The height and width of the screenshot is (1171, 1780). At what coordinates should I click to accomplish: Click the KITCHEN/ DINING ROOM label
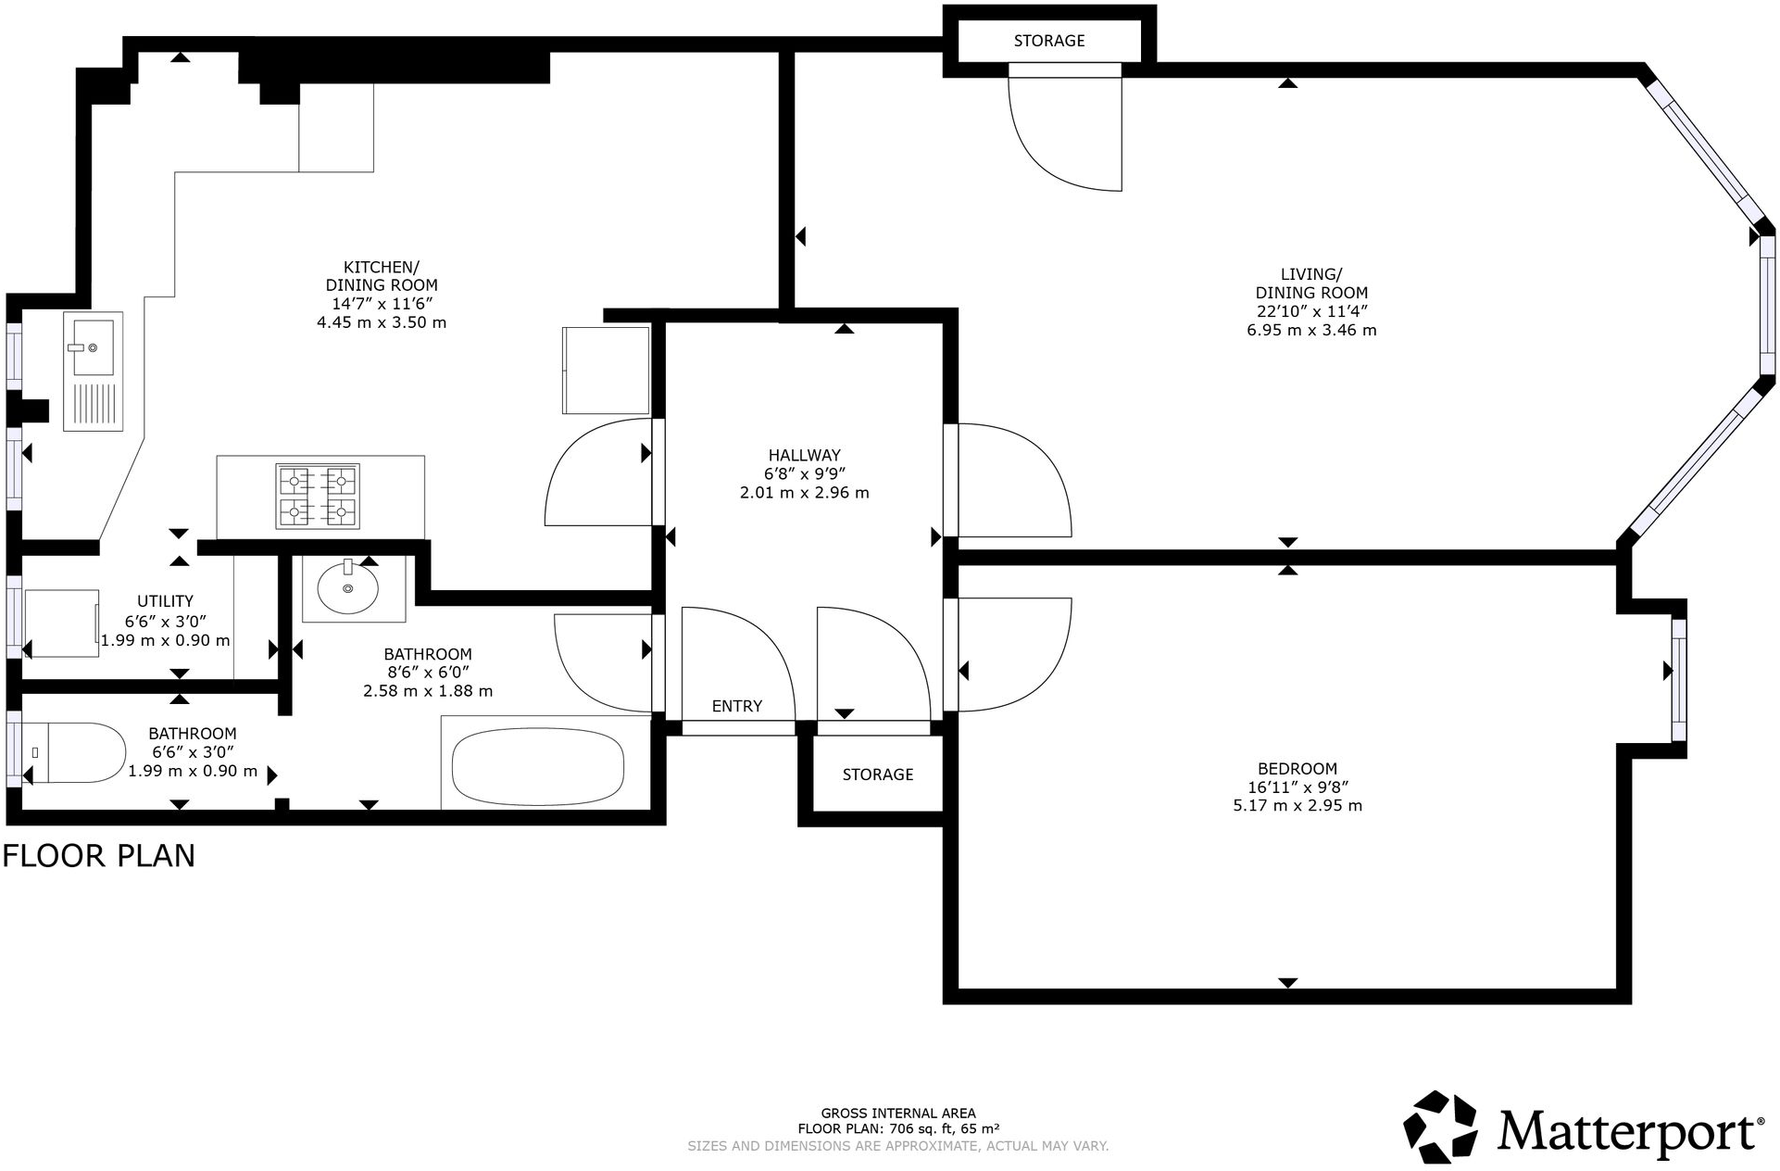(381, 276)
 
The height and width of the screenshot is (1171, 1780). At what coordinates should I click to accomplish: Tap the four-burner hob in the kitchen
(317, 497)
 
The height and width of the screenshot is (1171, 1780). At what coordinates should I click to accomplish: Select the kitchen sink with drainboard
(93, 371)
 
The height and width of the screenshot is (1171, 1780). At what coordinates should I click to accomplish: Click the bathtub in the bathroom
(537, 766)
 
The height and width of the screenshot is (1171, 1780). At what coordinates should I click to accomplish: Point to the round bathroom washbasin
(347, 587)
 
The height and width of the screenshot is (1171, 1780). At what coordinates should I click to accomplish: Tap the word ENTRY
(736, 706)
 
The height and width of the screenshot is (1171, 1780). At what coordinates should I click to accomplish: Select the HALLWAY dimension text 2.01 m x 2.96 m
(804, 493)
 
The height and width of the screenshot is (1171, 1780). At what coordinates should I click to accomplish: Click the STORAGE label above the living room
(1048, 41)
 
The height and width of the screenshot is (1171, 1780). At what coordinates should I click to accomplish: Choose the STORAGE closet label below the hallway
(877, 774)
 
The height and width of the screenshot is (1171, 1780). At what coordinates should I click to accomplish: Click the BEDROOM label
(1297, 768)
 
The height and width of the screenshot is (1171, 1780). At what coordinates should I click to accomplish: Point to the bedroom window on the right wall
(1678, 680)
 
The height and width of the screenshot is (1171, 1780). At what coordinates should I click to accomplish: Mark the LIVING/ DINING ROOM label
(1310, 283)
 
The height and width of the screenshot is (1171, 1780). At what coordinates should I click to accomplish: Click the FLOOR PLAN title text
(99, 855)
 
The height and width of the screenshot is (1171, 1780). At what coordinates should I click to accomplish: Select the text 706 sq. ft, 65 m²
(944, 1128)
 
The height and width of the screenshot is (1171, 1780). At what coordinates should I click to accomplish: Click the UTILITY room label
(165, 601)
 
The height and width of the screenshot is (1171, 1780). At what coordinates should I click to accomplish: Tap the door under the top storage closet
(1065, 130)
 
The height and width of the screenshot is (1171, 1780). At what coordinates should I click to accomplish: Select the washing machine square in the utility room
(61, 623)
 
